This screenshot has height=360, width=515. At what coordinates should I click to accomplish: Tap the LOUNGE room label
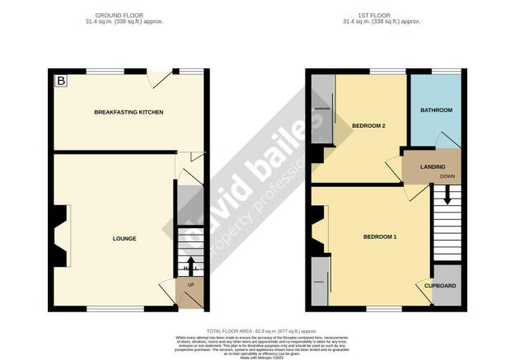coord(124,239)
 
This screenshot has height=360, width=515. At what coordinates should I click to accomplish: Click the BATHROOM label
coord(436,110)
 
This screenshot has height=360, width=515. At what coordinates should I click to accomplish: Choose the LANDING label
coord(433,167)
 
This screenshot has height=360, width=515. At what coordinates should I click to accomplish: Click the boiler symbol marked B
coord(60,81)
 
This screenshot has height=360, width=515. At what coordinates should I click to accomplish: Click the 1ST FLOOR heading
coord(382,16)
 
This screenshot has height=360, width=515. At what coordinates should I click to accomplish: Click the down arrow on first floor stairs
coord(447,196)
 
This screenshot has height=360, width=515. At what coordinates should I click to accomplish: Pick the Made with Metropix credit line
coord(256,358)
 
